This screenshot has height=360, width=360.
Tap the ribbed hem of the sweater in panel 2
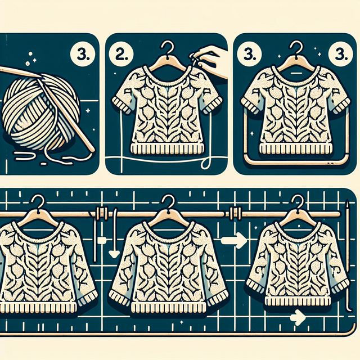168,148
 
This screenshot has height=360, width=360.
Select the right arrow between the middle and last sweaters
234,240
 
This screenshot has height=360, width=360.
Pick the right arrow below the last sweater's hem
298,318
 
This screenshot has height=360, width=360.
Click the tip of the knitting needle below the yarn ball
92,150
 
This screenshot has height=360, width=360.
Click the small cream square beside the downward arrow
102,241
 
